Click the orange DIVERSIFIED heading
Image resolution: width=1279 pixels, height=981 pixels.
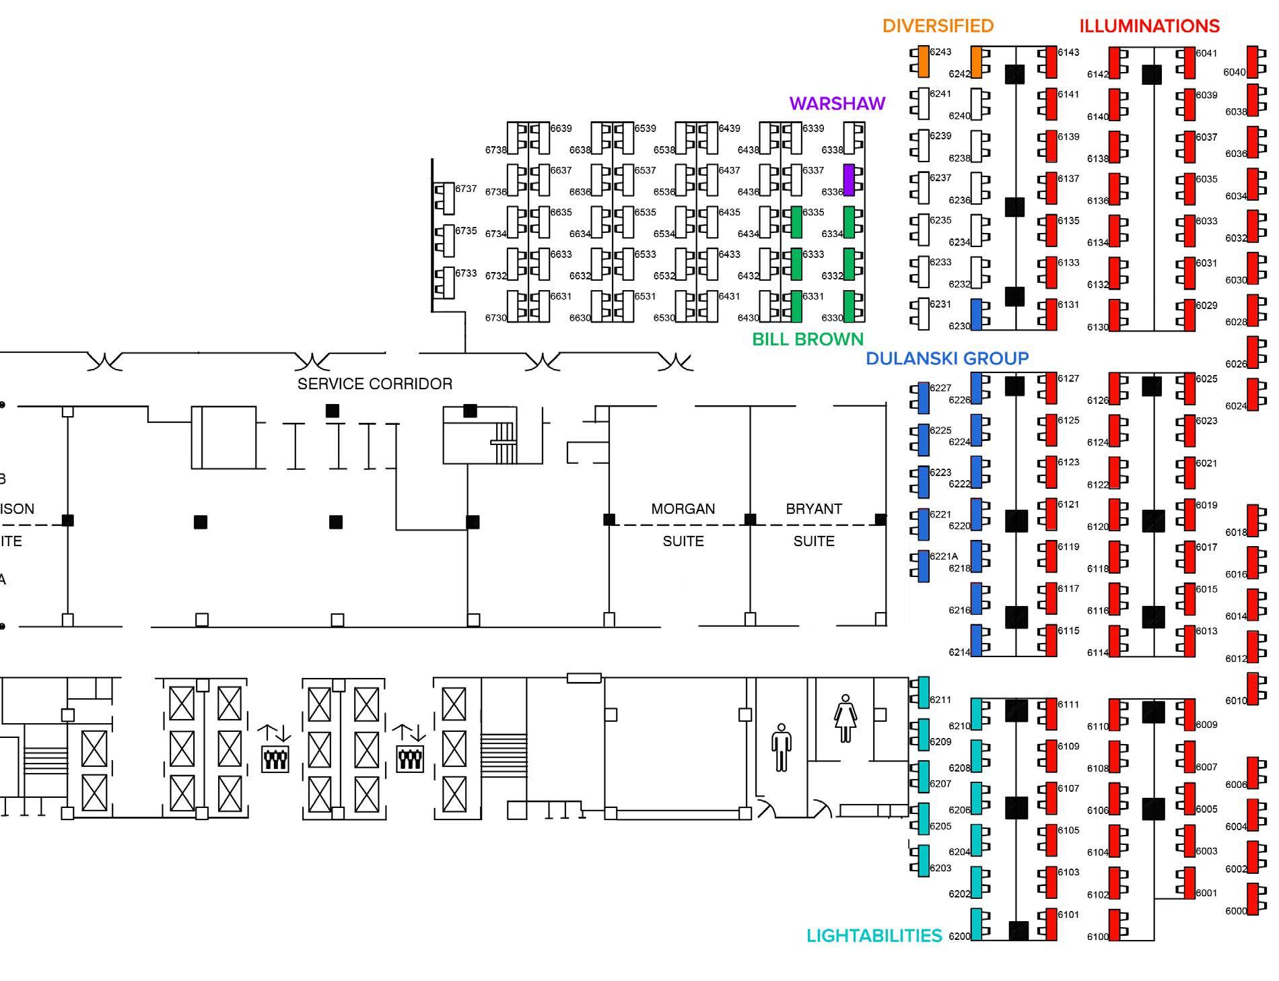[938, 26]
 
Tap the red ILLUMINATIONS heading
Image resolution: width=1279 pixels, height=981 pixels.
[1149, 26]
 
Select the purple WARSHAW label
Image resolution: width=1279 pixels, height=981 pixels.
[837, 103]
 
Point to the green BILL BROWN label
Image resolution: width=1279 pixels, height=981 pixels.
[807, 339]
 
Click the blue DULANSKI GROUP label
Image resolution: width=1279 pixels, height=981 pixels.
[946, 358]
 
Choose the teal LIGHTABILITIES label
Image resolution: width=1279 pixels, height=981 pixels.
[874, 935]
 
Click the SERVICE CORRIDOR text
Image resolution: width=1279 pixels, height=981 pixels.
[374, 384]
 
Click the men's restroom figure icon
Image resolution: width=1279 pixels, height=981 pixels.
[781, 747]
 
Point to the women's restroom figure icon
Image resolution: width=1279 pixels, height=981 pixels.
[845, 719]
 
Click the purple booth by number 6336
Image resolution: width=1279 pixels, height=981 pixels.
[849, 180]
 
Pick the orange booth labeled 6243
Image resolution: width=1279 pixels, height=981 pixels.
[923, 61]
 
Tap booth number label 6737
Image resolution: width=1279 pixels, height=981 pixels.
[466, 189]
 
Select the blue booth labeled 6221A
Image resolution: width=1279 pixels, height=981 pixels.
[923, 566]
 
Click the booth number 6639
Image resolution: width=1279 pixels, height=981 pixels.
[561, 128]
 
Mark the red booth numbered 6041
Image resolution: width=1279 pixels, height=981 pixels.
[1188, 62]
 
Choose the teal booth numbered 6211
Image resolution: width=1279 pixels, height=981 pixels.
[923, 693]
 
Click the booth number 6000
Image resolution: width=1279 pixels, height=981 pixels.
[1236, 911]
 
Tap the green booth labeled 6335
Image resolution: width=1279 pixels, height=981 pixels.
[796, 222]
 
